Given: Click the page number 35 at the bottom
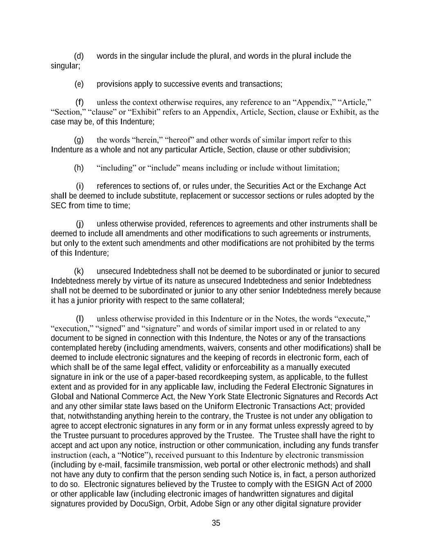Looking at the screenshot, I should click(216, 523).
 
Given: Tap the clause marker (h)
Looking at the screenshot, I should click(79, 168).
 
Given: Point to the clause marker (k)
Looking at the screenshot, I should click(79, 272).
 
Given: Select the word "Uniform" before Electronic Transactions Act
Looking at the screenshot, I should click(217, 407).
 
